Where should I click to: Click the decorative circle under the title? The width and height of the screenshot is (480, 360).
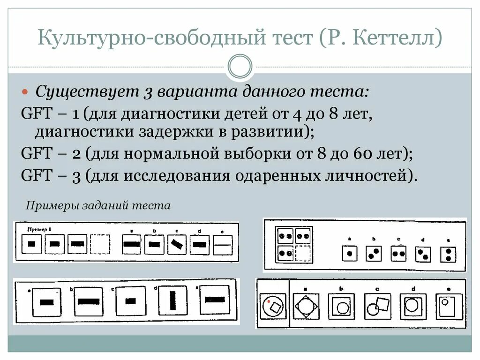pyautogui.click(x=240, y=67)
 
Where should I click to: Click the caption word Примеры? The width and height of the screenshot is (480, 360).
pyautogui.click(x=52, y=206)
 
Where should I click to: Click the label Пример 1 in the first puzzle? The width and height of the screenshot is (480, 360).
pyautogui.click(x=39, y=229)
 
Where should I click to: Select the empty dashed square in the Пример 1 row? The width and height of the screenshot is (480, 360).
pyautogui.click(x=100, y=244)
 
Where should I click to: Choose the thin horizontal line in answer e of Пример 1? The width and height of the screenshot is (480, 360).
pyautogui.click(x=224, y=244)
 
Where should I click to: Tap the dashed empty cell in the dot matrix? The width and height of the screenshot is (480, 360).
pyautogui.click(x=302, y=253)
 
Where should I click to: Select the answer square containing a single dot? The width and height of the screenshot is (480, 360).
pyautogui.click(x=349, y=254)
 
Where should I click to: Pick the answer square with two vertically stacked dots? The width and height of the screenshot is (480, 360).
pyautogui.click(x=448, y=255)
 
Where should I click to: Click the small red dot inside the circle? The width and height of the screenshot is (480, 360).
pyautogui.click(x=268, y=302)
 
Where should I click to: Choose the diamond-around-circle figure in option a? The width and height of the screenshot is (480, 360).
pyautogui.click(x=306, y=307)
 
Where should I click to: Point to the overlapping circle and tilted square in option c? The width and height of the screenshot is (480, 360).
pyautogui.click(x=377, y=307)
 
